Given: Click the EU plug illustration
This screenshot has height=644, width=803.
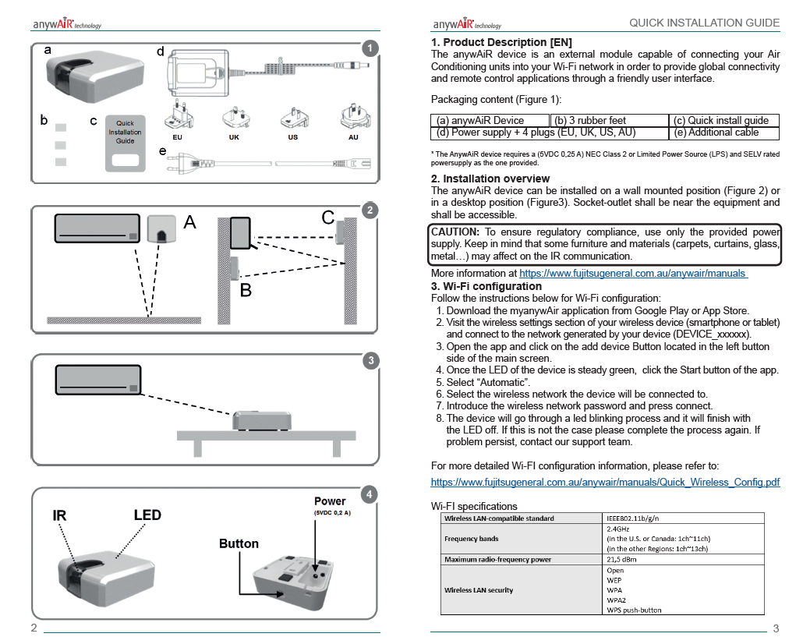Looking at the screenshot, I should coord(178,116).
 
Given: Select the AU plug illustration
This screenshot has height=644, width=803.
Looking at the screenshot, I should coord(353,118).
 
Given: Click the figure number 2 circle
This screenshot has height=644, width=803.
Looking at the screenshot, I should coord(372,210).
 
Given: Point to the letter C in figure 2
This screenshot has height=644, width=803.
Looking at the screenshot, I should coord(328,218).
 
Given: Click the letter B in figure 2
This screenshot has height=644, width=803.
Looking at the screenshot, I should coord(245,291).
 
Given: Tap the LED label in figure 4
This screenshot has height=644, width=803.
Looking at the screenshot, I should coord(147,515).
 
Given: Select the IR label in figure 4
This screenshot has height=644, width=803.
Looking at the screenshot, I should coord(60,515).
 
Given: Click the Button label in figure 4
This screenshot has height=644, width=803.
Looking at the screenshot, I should coord(239,543).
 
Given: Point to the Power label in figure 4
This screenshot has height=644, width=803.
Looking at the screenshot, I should coord(330,501).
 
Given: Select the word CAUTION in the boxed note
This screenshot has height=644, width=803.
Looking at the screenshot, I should coord(455,232).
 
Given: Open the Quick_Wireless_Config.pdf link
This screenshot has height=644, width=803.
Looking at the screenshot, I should coord(605,483).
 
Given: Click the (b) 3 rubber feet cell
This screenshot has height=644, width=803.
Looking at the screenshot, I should coord(589,120).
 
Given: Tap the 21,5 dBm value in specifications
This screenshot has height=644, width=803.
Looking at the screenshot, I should coord(621,559).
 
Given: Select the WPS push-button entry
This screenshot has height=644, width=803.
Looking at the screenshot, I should coord(634,610).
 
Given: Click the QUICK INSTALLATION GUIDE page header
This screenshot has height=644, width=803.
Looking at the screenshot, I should coord(704,23).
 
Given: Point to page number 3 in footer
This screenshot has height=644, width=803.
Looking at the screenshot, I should coord(776,629).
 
